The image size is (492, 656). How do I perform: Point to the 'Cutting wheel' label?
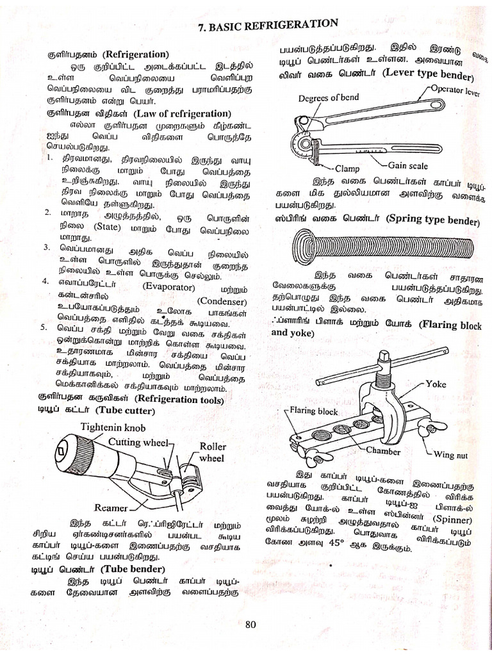pos(138,442)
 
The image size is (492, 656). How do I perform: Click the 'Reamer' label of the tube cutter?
pos(111,507)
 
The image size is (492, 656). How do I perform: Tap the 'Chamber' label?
pos(383,451)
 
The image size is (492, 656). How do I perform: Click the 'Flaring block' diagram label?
pos(313,411)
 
